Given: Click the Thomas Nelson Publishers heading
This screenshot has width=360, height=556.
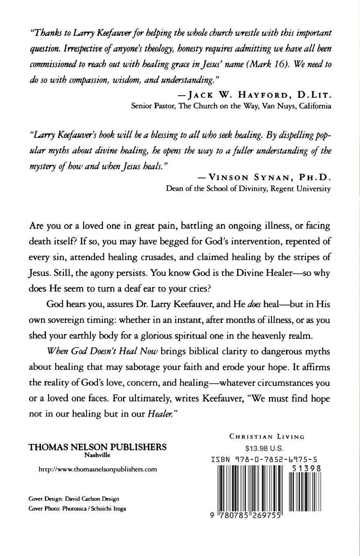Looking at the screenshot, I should coord(97,447).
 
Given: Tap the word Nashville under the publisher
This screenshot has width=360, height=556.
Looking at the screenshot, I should coord(97,455).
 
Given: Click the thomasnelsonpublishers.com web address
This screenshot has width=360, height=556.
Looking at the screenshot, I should coord(97,469).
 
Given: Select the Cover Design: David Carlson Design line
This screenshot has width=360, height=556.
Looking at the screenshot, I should coord(74,499).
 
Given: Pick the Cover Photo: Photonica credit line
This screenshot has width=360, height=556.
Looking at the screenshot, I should coord(77,509).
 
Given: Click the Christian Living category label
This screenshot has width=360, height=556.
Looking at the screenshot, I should coord(267,437).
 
